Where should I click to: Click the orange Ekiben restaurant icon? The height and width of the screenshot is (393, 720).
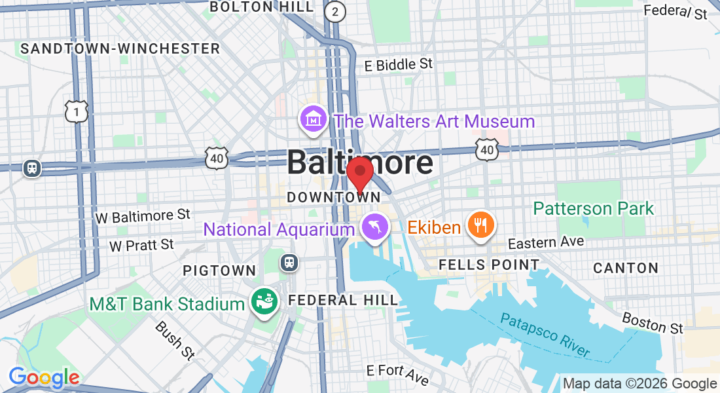(x=481, y=225)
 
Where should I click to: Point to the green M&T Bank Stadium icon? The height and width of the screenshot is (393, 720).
(x=264, y=303)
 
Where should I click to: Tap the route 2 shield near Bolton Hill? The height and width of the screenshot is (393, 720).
(x=335, y=10)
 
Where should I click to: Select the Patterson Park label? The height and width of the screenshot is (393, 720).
(x=593, y=208)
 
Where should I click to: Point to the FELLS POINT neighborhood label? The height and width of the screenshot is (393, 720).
(x=489, y=265)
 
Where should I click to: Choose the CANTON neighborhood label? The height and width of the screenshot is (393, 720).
(x=626, y=268)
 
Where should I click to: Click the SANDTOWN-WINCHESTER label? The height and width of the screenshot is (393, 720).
(x=120, y=48)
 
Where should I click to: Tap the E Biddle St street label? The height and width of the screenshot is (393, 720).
(x=399, y=64)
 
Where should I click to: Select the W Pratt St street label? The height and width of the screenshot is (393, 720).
(x=141, y=245)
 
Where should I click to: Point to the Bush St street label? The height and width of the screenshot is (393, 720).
(x=175, y=341)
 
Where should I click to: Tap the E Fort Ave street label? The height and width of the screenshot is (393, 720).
(x=397, y=375)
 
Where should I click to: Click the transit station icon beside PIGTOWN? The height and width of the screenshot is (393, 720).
(x=289, y=263)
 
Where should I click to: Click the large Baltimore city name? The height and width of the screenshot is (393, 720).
(x=360, y=162)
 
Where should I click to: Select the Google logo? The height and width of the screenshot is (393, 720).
(x=44, y=377)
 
